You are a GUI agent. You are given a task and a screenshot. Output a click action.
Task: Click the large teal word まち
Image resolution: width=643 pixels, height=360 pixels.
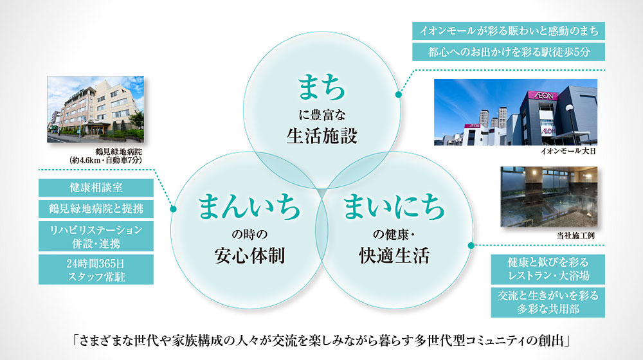click(321, 87)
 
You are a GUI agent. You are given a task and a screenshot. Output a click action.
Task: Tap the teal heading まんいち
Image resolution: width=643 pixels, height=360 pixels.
click(249, 206)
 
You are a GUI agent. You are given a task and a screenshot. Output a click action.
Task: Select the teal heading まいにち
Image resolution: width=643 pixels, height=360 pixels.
click(394, 206)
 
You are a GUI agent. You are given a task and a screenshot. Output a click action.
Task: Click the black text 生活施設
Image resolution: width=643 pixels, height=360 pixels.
click(322, 136)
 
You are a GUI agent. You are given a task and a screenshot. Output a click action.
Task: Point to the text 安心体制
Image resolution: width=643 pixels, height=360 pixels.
click(249, 255)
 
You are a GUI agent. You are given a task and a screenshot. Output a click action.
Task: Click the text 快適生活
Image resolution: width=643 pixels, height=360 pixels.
click(394, 255)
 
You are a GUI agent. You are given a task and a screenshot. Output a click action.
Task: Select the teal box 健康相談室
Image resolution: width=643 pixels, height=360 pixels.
click(96, 188)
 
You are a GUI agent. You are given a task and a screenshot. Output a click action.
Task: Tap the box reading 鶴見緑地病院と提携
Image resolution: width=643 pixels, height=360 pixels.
click(96, 209)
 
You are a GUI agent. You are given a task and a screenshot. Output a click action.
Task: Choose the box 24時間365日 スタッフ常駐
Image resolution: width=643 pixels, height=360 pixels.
click(96, 269)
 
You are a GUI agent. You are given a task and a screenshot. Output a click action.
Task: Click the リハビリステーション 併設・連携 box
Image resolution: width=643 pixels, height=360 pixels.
click(96, 236)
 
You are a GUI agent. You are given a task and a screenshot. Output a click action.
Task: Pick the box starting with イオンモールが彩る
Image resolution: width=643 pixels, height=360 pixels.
click(509, 31)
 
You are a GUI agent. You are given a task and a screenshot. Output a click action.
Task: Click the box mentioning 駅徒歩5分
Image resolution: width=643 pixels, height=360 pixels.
click(509, 52)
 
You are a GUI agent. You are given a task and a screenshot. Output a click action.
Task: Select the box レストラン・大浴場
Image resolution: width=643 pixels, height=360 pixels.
click(548, 269)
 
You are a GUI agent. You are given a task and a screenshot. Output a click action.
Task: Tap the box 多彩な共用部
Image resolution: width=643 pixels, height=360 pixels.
click(548, 302)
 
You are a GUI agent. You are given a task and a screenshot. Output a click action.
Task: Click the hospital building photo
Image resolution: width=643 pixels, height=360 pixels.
click(96, 109)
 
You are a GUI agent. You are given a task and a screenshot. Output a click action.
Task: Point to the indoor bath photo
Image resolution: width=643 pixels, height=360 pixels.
click(549, 197)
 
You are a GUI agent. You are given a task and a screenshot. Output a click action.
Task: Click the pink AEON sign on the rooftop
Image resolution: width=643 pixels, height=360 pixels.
click(543, 96)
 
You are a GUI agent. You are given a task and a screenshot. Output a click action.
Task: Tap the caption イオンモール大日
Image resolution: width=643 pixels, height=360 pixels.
click(568, 151)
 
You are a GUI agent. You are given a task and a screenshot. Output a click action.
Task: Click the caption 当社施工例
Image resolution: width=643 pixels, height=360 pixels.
click(575, 236)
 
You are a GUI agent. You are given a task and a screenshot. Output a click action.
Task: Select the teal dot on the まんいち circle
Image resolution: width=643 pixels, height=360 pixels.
click(173, 209)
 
